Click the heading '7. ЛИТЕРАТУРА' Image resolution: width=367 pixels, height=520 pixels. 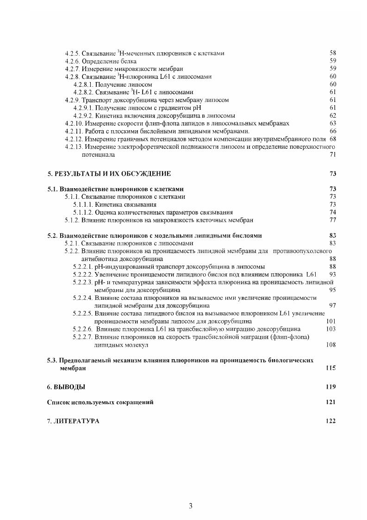73,421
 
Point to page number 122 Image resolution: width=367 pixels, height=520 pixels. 330,421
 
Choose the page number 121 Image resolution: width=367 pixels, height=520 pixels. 330,402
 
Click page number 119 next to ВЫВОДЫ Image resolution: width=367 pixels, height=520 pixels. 330,387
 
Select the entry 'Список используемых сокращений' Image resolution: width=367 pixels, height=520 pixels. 100,402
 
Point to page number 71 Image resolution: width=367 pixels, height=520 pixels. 332,154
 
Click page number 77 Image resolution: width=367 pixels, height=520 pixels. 332,220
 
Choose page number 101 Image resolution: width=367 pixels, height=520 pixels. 330,321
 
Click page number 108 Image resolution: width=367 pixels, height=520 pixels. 330,344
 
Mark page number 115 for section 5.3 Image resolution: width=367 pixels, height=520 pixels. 330,368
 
